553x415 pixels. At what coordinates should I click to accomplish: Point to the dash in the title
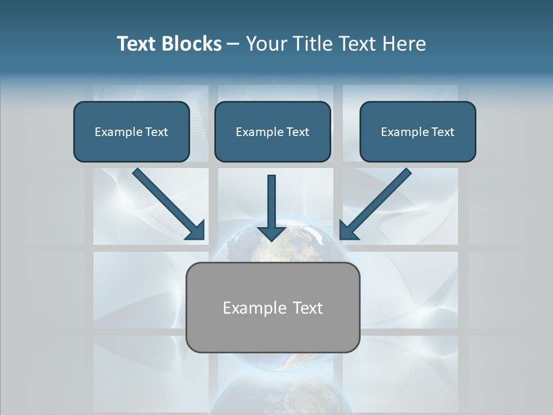(x=233, y=44)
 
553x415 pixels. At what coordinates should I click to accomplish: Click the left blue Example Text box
(x=131, y=131)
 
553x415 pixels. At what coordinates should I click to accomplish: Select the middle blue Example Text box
(x=272, y=131)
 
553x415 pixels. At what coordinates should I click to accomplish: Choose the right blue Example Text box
(x=418, y=131)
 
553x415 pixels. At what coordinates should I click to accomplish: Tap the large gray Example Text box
(x=273, y=307)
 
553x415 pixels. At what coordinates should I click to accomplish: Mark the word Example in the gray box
(x=254, y=308)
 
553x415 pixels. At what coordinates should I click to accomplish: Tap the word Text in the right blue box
(x=442, y=132)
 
